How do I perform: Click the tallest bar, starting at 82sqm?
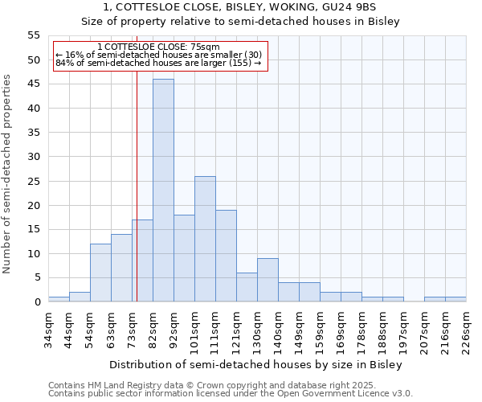tap(163, 191)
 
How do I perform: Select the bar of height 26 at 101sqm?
tap(205, 239)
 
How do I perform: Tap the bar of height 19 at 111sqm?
tap(226, 256)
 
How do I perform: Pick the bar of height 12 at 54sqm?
tap(100, 273)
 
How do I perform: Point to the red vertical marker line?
tap(137, 201)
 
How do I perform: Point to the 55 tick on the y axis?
tap(34, 35)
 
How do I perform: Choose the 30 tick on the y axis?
tap(34, 157)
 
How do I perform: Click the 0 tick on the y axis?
tap(37, 302)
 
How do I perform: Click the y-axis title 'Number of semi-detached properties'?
tap(8, 174)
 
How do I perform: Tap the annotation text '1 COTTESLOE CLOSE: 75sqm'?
tap(157, 47)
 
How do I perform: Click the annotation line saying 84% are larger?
tap(157, 63)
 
